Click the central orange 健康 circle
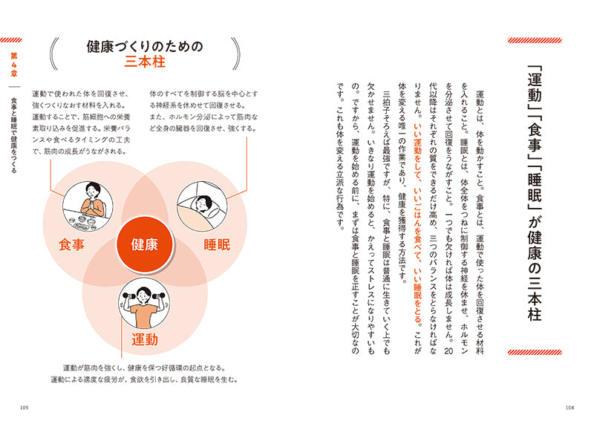pyautogui.click(x=144, y=244)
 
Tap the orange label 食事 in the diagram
pyautogui.click(x=71, y=245)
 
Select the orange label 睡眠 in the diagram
pyautogui.click(x=217, y=245)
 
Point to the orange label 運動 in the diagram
pyautogui.click(x=144, y=339)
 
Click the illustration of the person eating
pyautogui.click(x=88, y=206)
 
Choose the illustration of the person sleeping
pyautogui.click(x=202, y=206)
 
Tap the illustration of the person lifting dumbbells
pyautogui.click(x=144, y=303)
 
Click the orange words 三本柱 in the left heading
pyautogui.click(x=145, y=62)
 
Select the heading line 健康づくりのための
pyautogui.click(x=145, y=46)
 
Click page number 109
pyautogui.click(x=24, y=408)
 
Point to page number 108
pyautogui.click(x=569, y=408)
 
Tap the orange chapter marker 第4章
pyautogui.click(x=14, y=65)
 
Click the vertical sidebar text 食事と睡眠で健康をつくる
pyautogui.click(x=14, y=135)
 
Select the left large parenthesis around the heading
pyautogui.click(x=54, y=53)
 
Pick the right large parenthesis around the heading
pyautogui.click(x=235, y=53)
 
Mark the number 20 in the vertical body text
pyautogui.click(x=448, y=351)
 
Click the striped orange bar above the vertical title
pyautogui.click(x=535, y=41)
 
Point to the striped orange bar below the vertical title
pyautogui.click(x=535, y=353)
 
